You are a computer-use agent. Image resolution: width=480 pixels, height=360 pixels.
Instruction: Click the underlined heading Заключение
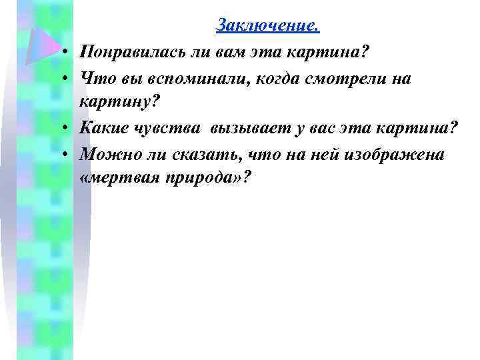pos(268,26)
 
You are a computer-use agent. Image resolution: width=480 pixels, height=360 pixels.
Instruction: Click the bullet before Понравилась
pos(69,53)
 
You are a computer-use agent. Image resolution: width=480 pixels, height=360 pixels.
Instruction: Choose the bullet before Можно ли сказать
pos(69,156)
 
